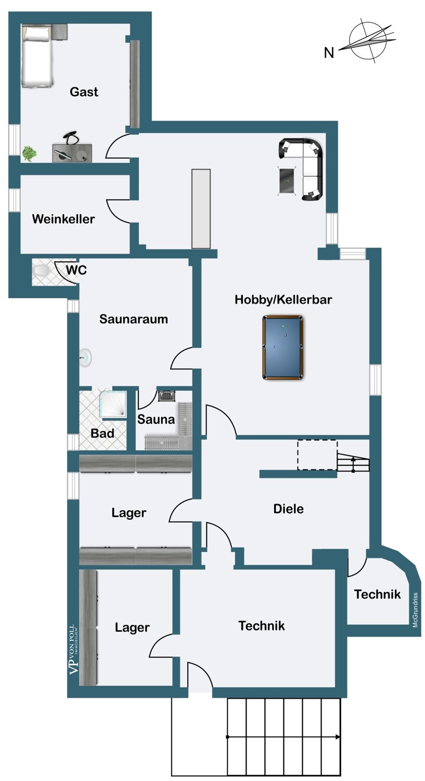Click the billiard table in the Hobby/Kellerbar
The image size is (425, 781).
click(282, 347)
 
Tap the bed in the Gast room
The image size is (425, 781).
click(37, 55)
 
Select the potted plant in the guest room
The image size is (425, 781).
click(29, 154)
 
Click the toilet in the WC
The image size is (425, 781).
click(42, 270)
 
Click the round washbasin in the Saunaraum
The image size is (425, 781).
click(86, 358)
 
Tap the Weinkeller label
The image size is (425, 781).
click(63, 219)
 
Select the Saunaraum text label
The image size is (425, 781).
click(133, 319)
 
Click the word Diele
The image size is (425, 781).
click(288, 509)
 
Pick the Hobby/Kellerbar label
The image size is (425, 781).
click(283, 299)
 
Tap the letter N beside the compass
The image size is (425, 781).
click(329, 53)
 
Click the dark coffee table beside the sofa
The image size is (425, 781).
click(288, 181)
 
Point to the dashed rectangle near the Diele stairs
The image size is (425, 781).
click(317, 455)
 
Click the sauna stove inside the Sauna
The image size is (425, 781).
click(166, 396)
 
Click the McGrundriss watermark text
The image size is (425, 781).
click(415, 610)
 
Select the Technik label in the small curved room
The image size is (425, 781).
click(377, 594)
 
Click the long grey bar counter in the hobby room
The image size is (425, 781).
click(201, 208)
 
